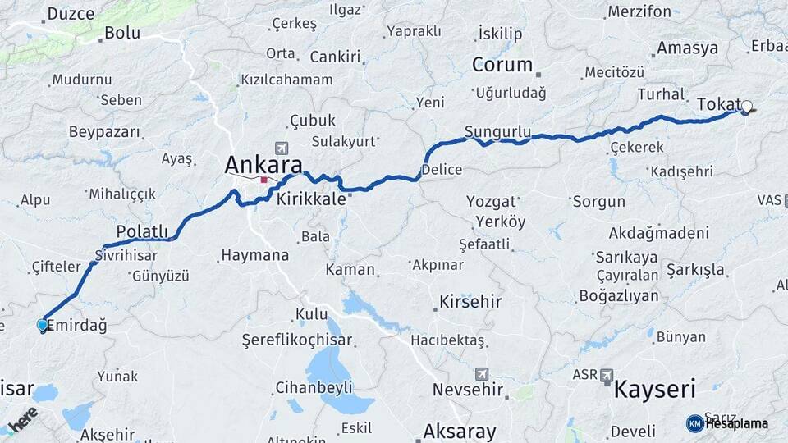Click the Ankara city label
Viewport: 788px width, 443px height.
tap(263, 164)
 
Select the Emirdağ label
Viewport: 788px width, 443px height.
tap(77, 326)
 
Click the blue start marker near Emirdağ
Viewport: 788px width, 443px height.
tap(43, 325)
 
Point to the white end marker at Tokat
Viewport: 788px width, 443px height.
tap(747, 106)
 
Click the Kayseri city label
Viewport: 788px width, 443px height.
tap(654, 389)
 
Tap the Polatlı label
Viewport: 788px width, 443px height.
tap(142, 231)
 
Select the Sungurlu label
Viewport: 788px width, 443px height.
tap(497, 131)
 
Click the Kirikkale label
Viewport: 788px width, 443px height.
tap(311, 199)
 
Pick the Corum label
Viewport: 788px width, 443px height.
tap(502, 65)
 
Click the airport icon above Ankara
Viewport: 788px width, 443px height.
tap(282, 148)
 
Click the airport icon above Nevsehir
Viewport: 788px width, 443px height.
tap(481, 373)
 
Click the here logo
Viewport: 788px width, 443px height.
tap(23, 419)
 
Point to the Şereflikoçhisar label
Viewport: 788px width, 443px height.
tap(296, 340)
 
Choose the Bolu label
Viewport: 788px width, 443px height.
tap(121, 34)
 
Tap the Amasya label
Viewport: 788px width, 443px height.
tap(687, 48)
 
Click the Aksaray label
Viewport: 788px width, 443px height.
tap(459, 432)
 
